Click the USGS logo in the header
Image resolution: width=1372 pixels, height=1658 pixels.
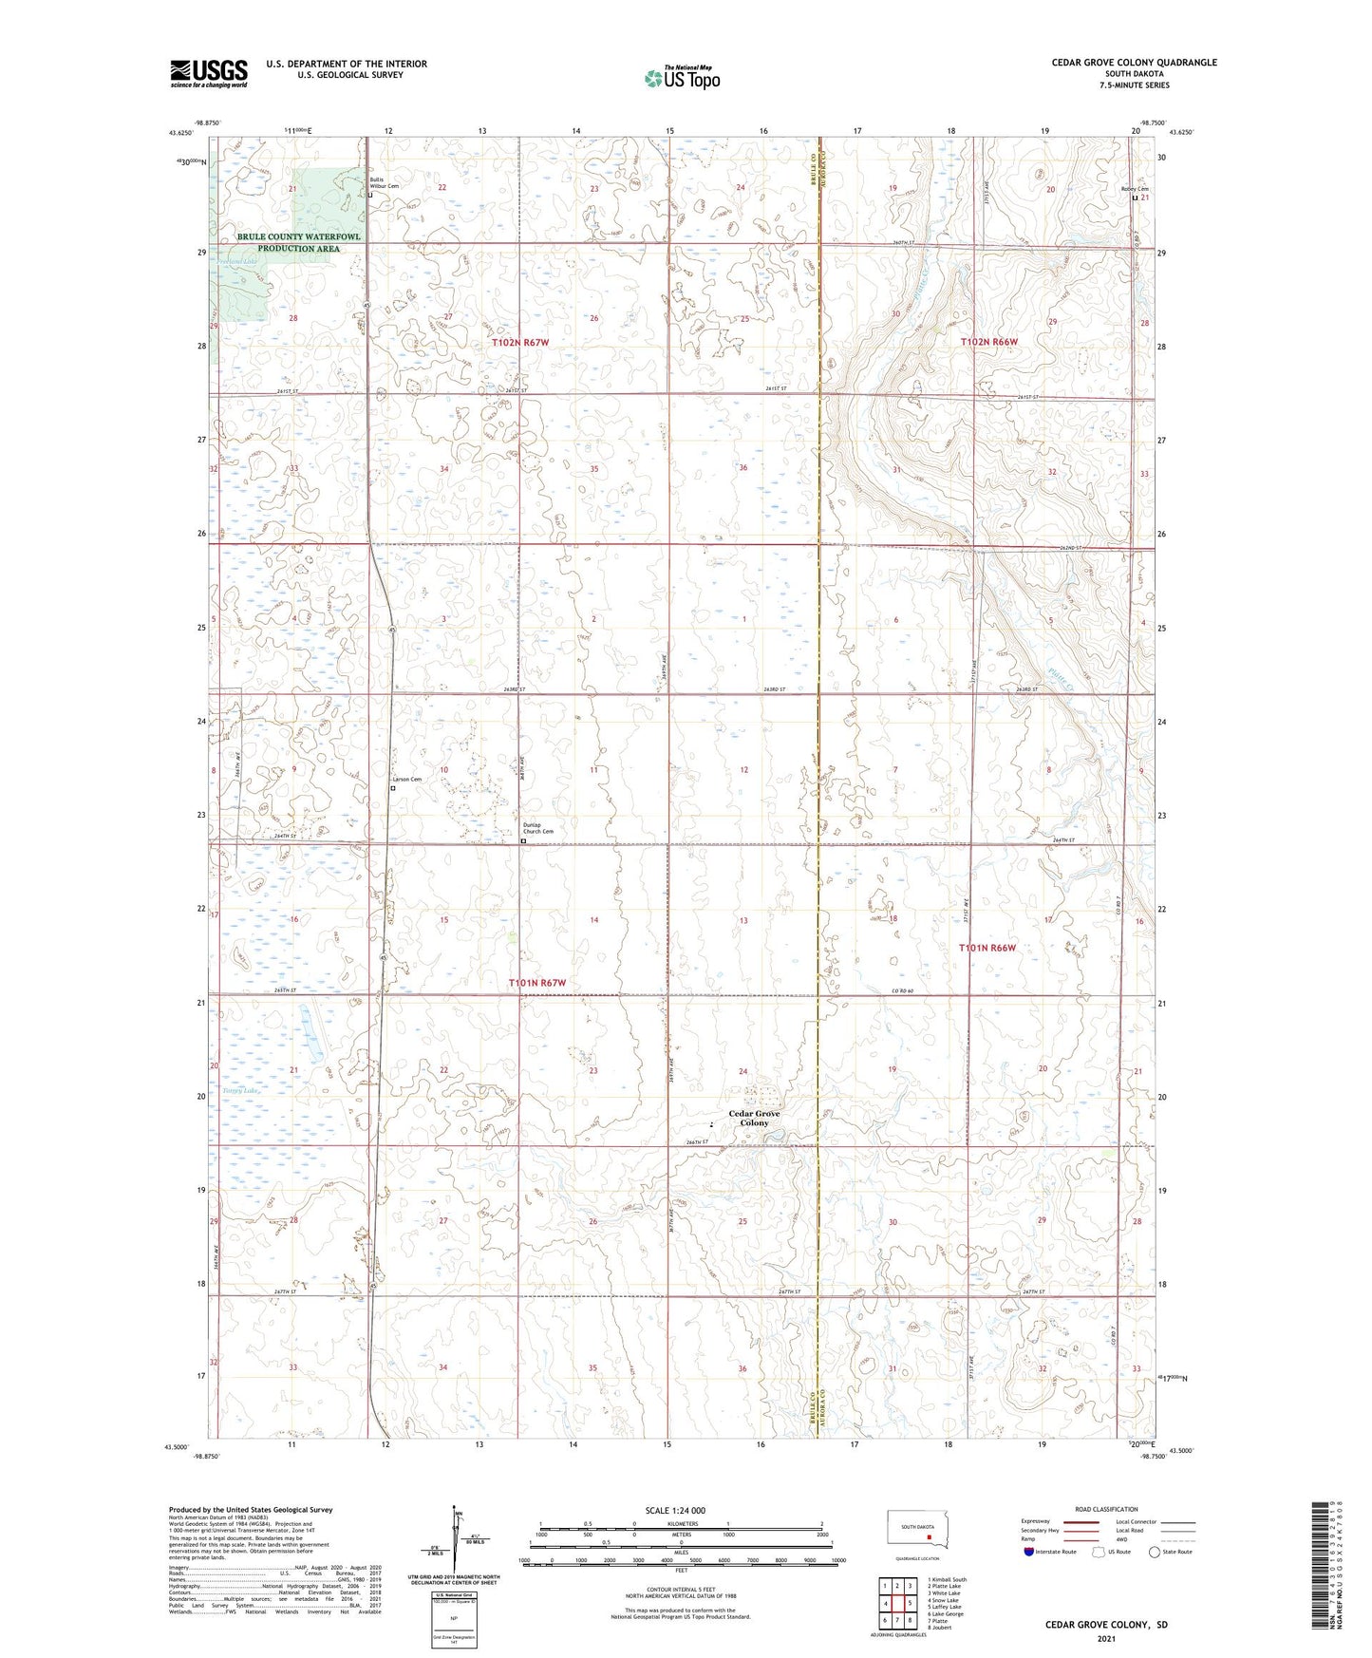coord(208,72)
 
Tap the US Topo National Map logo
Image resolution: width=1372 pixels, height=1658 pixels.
coord(681,78)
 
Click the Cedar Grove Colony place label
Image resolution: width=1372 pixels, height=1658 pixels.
coord(754,1118)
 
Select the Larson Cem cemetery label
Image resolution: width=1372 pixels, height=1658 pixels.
coord(407,779)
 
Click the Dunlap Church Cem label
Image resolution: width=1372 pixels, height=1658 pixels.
coord(537,828)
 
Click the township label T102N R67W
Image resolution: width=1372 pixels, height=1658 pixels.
coord(520,341)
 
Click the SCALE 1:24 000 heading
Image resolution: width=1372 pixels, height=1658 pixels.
coord(675,1510)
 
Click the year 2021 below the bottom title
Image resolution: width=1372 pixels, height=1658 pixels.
coord(1105,1638)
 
